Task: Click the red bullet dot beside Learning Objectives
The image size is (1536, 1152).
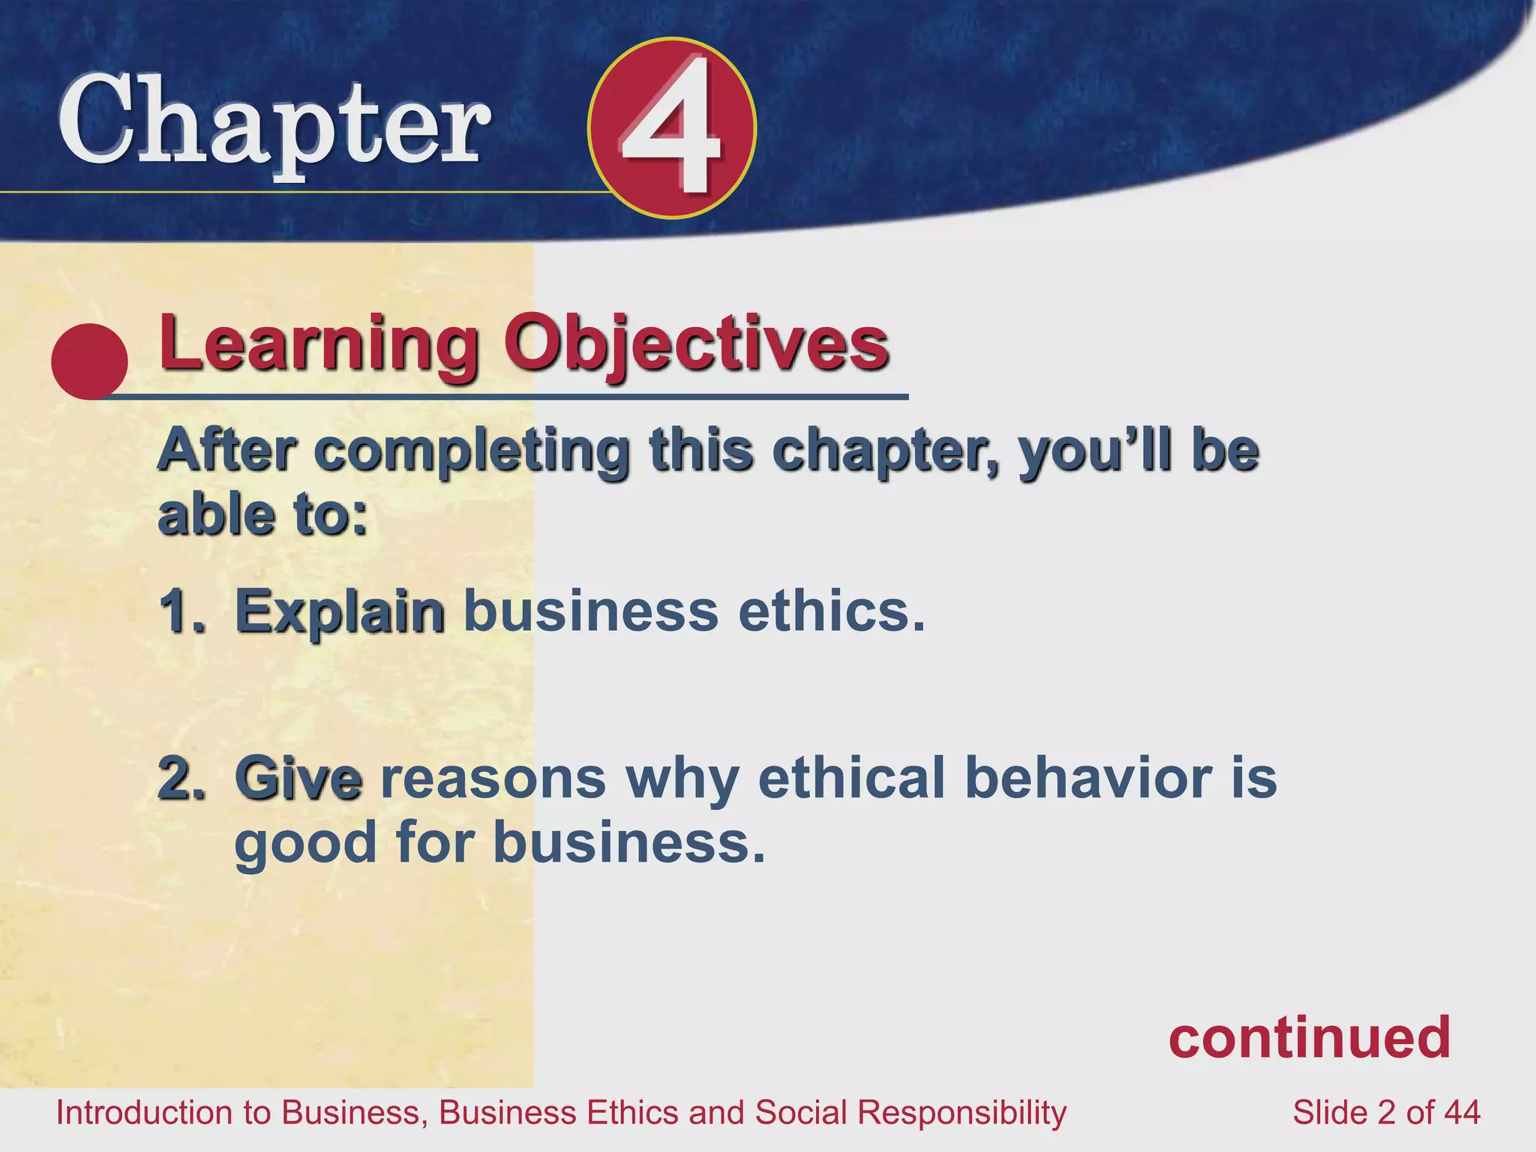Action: pyautogui.click(x=89, y=361)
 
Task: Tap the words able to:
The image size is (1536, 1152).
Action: pyautogui.click(x=262, y=516)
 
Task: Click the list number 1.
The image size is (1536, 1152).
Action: pyautogui.click(x=180, y=611)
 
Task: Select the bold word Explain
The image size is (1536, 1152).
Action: pyautogui.click(x=340, y=611)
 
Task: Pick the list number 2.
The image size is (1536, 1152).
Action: pyautogui.click(x=180, y=778)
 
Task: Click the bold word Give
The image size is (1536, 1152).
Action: pyautogui.click(x=298, y=778)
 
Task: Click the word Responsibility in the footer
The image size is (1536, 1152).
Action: pyautogui.click(x=961, y=1112)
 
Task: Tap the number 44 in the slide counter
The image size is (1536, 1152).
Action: pyautogui.click(x=1461, y=1112)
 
